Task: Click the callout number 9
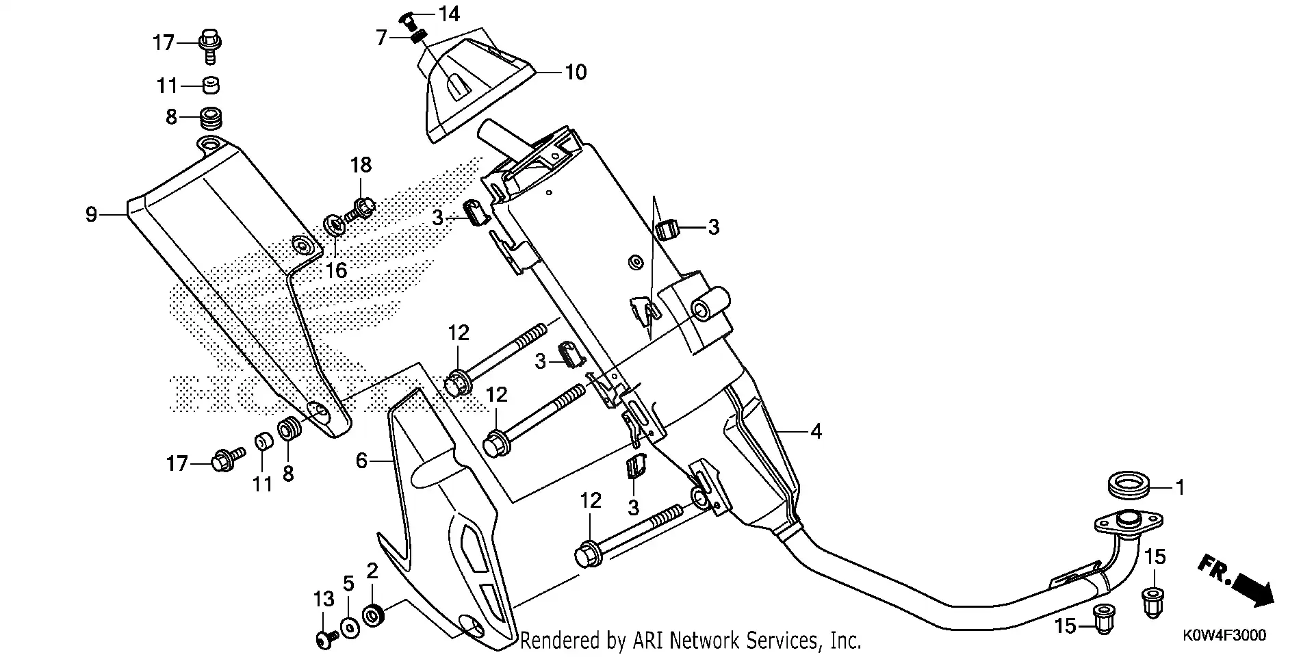[x=91, y=215]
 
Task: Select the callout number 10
[x=576, y=72]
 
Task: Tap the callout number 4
[x=815, y=432]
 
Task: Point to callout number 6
[x=362, y=462]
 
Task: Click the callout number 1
[x=1179, y=487]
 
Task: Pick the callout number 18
[x=361, y=165]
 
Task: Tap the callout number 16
[x=336, y=270]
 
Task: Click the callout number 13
[x=324, y=600]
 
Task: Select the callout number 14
[x=450, y=13]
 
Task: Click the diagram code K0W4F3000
[x=1224, y=635]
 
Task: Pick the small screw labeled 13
[x=324, y=639]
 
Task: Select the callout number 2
[x=372, y=571]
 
